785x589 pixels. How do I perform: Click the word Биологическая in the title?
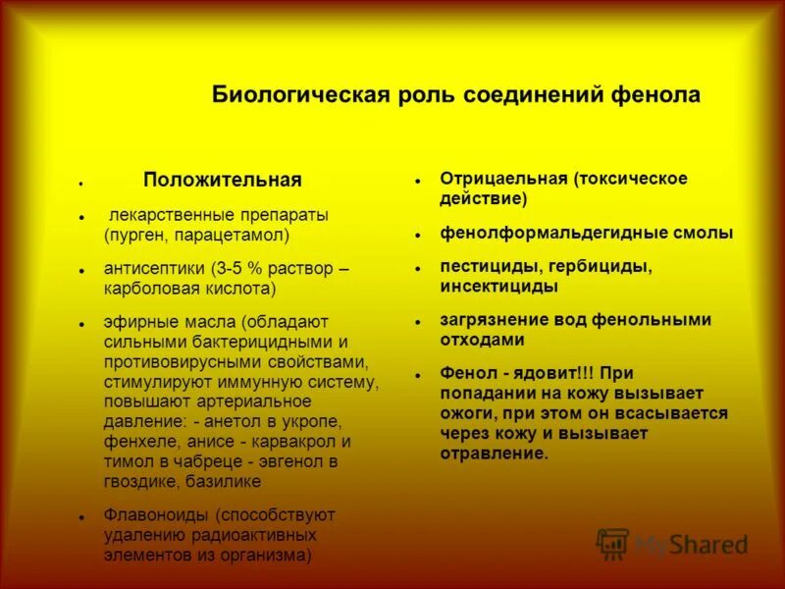(x=280, y=95)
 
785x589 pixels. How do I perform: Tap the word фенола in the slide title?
(x=658, y=95)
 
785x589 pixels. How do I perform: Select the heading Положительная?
(x=222, y=181)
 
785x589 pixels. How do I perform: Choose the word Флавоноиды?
(x=157, y=514)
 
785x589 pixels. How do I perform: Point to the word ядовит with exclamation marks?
(x=549, y=373)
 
